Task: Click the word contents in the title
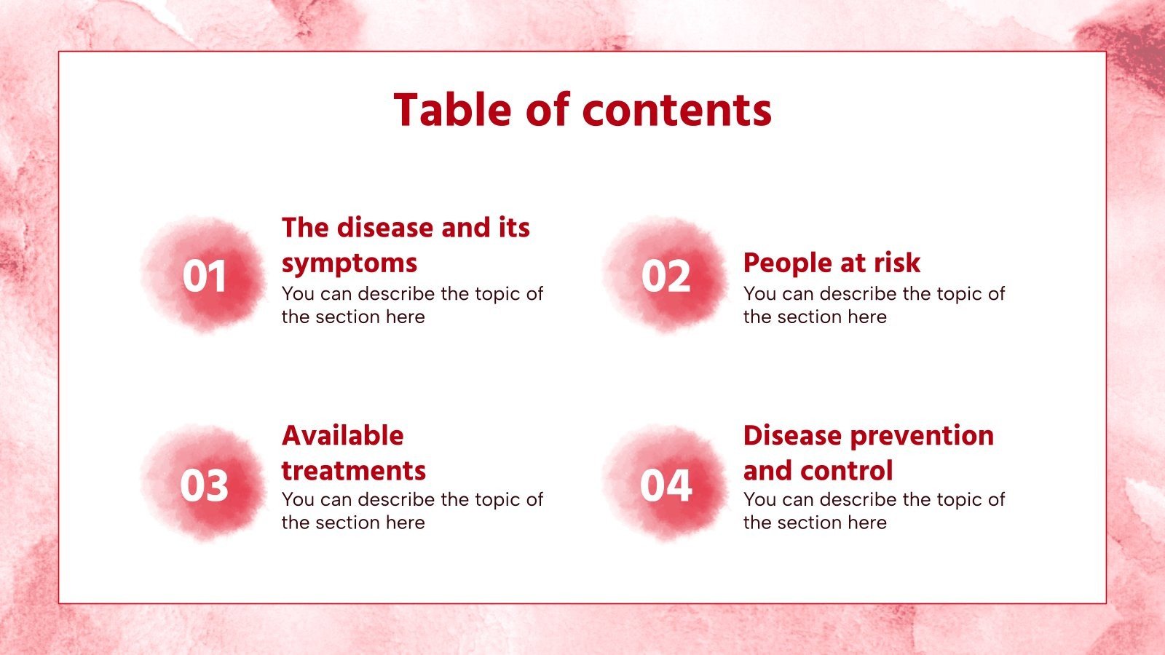pos(676,110)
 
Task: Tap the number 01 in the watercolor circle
pos(205,277)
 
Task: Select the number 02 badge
pos(666,277)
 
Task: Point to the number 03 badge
pos(205,485)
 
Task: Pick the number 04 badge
pos(666,485)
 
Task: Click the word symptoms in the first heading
pos(349,263)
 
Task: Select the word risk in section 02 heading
pos(897,263)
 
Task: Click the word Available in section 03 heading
pos(343,435)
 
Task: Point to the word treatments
pos(354,471)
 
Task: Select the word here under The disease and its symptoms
pos(406,317)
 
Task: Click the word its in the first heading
pos(514,228)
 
